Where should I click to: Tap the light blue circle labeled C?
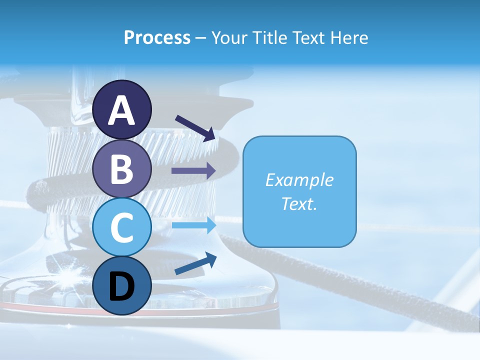(122, 227)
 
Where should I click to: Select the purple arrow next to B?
(193, 171)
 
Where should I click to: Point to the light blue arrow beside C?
(193, 225)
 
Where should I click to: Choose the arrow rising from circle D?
(195, 263)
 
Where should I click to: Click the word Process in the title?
(157, 37)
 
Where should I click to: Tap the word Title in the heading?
(271, 37)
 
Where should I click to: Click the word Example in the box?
(299, 180)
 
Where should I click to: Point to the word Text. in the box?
(299, 203)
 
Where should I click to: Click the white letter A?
(122, 111)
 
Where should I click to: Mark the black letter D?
(122, 286)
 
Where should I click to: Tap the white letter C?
(122, 227)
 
